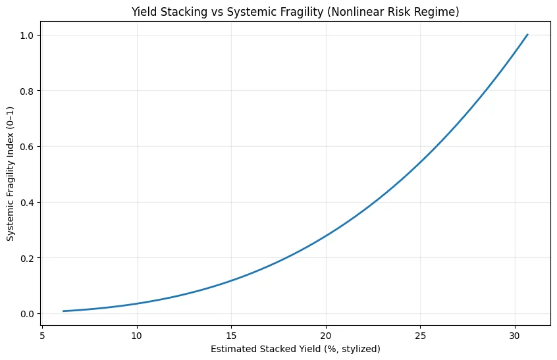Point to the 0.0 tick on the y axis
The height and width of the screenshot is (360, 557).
pos(27,313)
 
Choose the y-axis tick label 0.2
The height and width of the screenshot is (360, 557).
pos(27,258)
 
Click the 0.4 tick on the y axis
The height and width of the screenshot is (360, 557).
pos(27,202)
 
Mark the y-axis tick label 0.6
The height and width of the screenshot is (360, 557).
pos(27,146)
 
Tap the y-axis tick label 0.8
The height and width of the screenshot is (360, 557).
pos(27,91)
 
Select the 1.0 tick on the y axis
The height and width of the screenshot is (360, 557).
pos(27,35)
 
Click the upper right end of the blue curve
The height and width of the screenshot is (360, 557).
pos(527,35)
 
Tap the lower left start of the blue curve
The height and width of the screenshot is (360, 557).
pos(63,311)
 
